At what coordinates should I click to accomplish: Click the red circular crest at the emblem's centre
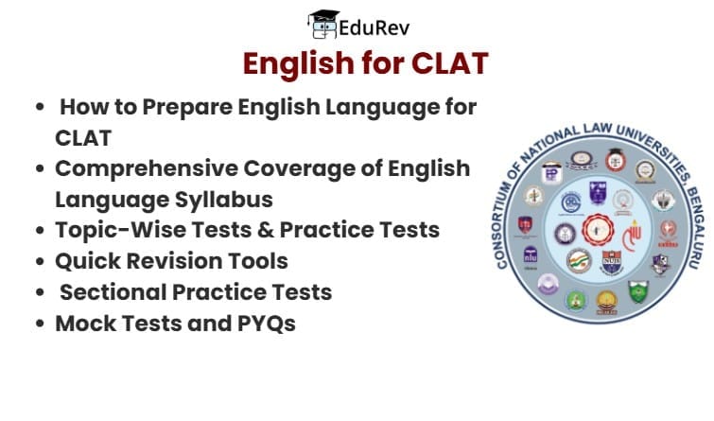pos(598,227)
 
